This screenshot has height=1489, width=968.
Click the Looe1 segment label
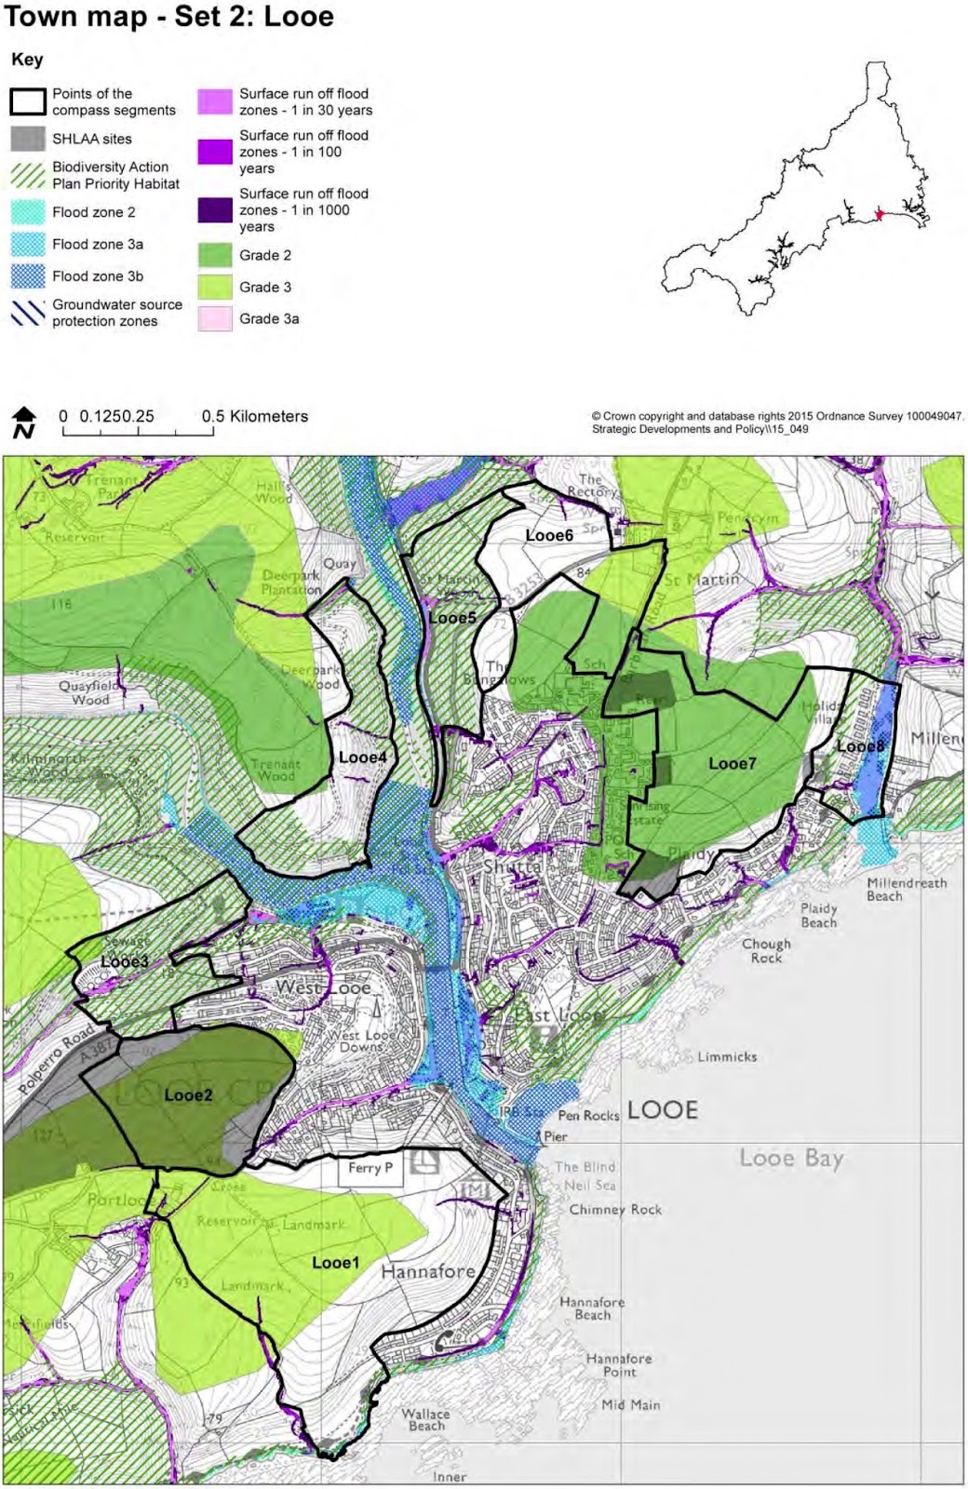click(335, 1263)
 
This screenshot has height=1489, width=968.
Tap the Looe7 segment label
click(733, 764)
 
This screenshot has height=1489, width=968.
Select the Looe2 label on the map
click(188, 1095)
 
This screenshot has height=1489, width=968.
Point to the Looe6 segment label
click(549, 535)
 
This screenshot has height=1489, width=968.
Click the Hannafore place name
click(428, 1271)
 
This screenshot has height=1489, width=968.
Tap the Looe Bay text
click(791, 1159)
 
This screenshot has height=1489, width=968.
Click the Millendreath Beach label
click(906, 890)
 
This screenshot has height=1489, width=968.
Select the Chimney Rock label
click(615, 1210)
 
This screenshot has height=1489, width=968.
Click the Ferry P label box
click(370, 1169)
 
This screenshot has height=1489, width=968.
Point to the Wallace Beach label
click(426, 1419)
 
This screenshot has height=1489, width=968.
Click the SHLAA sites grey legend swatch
click(28, 139)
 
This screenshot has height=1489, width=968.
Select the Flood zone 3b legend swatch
click(28, 276)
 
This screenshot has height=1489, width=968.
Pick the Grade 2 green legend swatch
click(215, 255)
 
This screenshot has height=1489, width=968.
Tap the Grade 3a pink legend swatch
click(215, 318)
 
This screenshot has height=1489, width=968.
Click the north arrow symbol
click(24, 422)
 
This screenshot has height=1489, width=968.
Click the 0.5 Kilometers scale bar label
click(255, 416)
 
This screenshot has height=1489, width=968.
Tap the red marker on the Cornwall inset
click(880, 215)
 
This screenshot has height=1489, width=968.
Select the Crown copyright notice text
click(777, 417)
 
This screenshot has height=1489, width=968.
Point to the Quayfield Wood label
click(90, 692)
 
